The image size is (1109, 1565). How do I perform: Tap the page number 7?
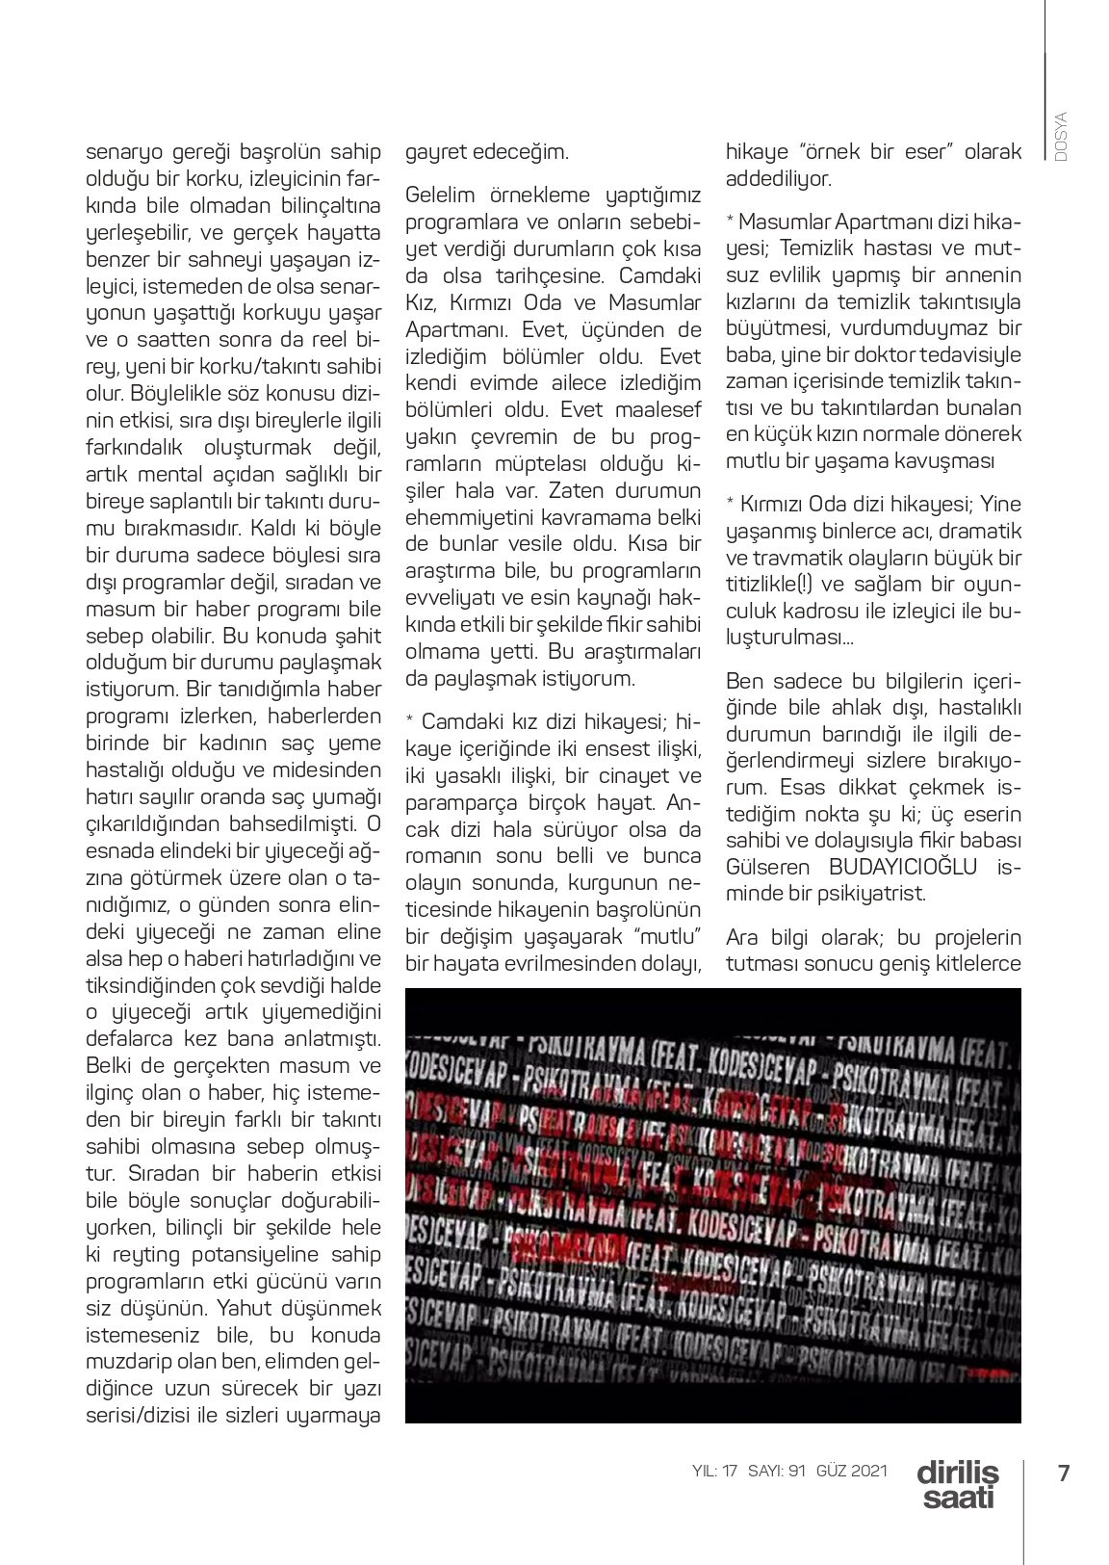tap(1063, 1473)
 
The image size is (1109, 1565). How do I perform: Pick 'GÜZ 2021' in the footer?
tap(851, 1471)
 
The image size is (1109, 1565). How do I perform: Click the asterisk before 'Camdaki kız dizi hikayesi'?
tap(410, 721)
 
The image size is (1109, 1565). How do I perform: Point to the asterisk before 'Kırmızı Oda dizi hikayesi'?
tap(731, 505)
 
